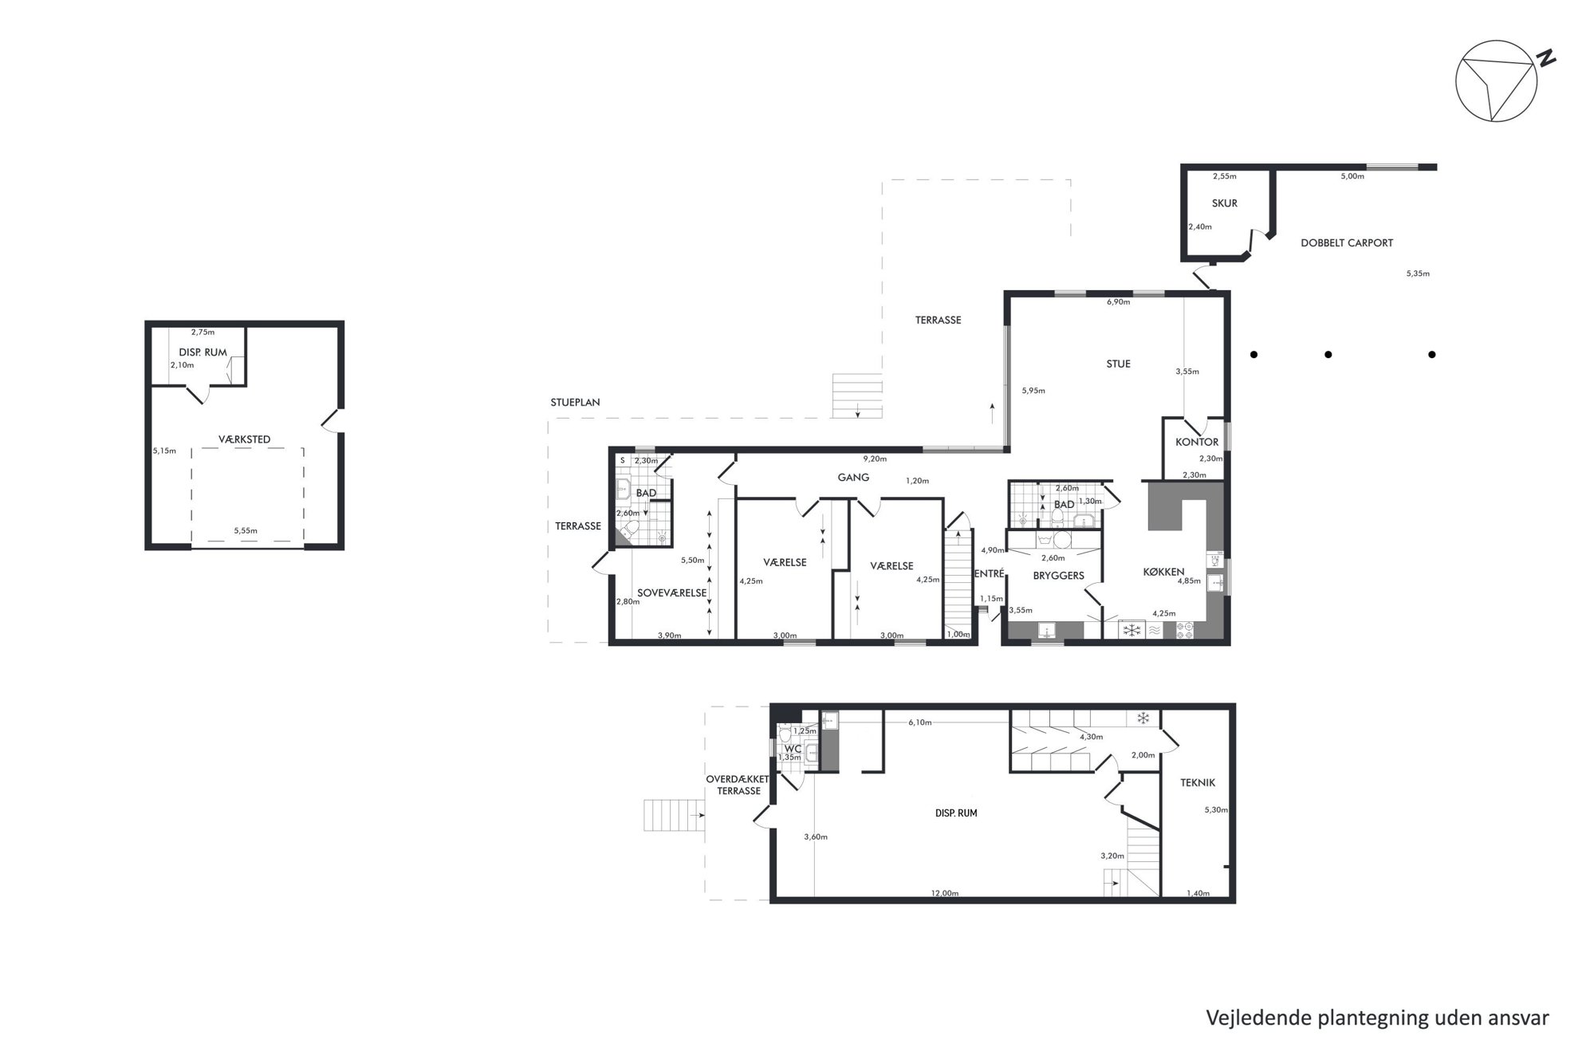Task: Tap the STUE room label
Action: [1118, 364]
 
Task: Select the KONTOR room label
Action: [1197, 442]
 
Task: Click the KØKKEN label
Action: [1163, 572]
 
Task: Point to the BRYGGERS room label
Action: [1058, 576]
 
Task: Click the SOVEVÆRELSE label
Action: [671, 593]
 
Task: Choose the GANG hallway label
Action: [853, 478]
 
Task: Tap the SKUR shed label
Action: [1224, 203]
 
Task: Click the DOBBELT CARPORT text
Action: [1347, 243]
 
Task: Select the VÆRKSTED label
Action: [245, 439]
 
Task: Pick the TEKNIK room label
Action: [1198, 783]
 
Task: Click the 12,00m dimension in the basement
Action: [945, 893]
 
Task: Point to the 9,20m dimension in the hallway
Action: [875, 459]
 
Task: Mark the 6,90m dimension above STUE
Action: [1118, 302]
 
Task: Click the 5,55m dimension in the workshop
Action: [246, 530]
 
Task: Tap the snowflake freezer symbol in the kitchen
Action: [1131, 631]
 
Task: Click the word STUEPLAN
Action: [575, 403]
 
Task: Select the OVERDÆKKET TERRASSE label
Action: [738, 785]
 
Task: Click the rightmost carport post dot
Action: [1432, 355]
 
